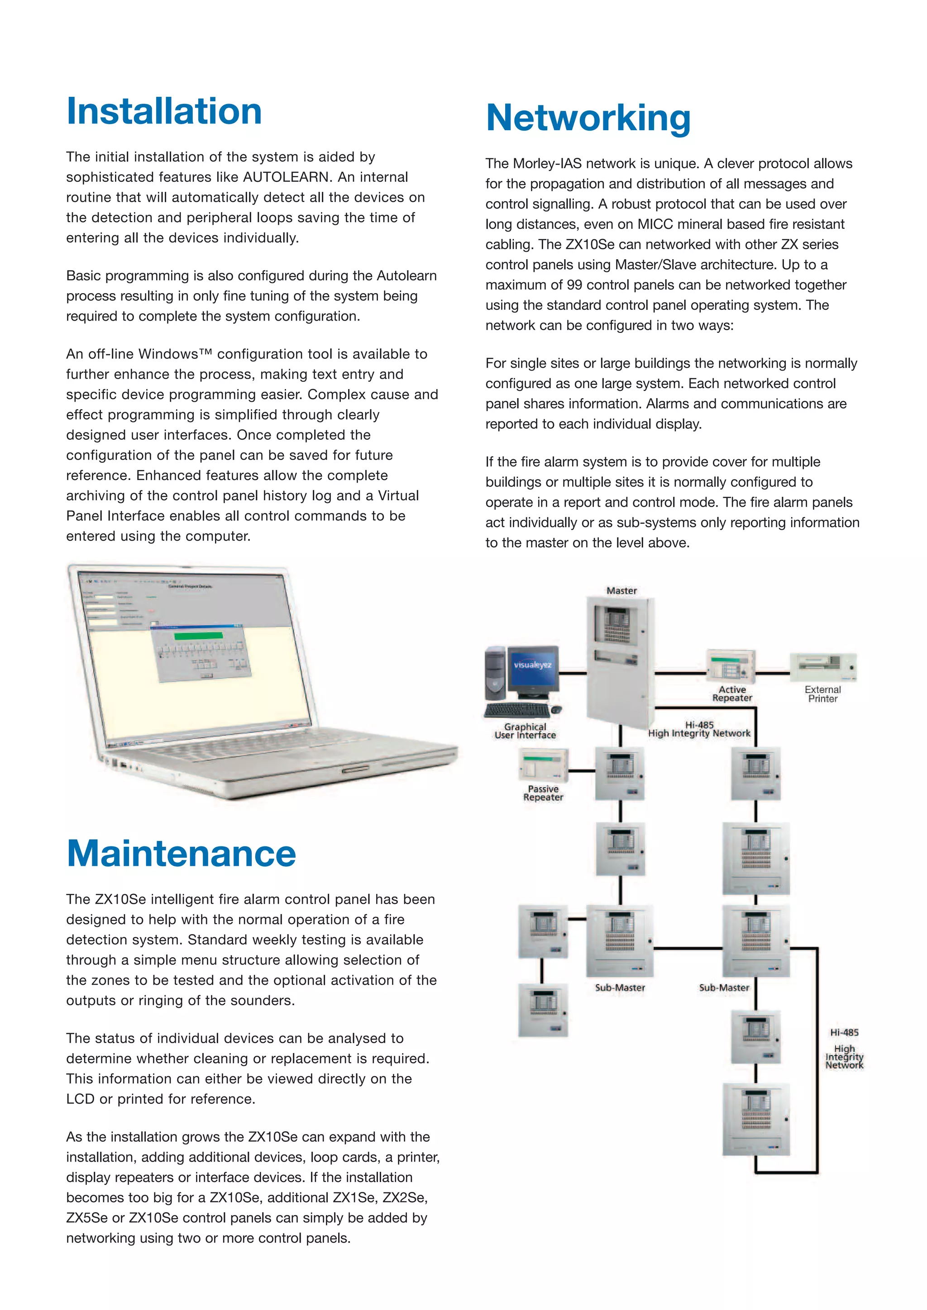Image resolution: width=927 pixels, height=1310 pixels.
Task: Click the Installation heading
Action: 164,111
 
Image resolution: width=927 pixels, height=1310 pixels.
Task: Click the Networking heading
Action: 588,118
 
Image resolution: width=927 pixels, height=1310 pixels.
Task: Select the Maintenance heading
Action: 181,854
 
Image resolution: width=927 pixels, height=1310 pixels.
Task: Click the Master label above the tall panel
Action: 621,590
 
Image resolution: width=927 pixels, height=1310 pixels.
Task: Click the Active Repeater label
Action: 732,694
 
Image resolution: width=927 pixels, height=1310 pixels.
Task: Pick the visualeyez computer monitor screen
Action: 533,665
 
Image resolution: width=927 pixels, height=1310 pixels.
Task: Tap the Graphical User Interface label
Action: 525,731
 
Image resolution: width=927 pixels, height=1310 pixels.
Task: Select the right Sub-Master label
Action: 724,987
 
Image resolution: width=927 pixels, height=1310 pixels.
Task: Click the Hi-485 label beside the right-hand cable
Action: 844,1032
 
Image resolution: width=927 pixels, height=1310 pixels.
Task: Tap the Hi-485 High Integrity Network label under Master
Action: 699,729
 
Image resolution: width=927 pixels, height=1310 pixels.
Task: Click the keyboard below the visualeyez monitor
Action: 517,710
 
